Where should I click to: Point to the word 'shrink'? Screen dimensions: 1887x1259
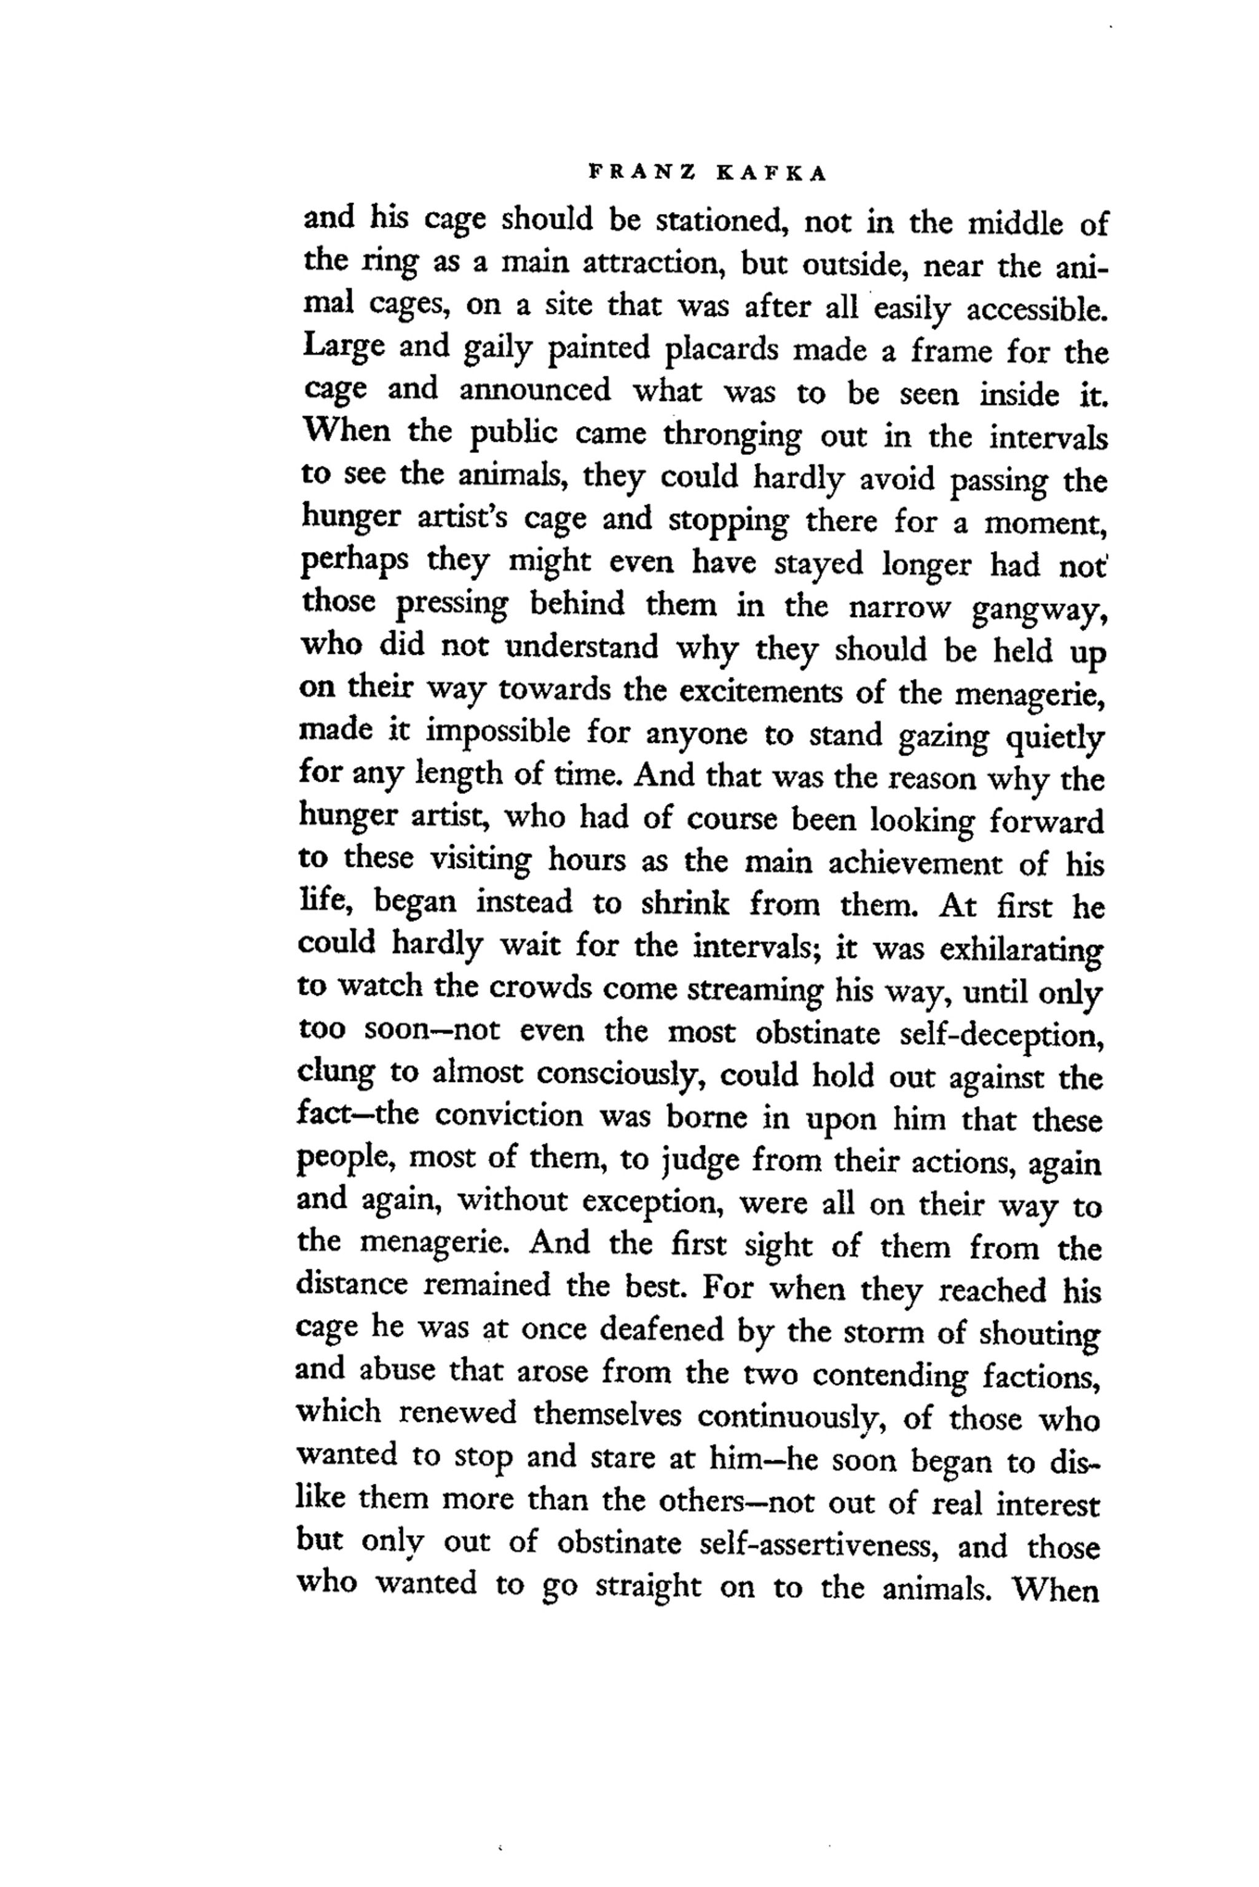coord(685,906)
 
